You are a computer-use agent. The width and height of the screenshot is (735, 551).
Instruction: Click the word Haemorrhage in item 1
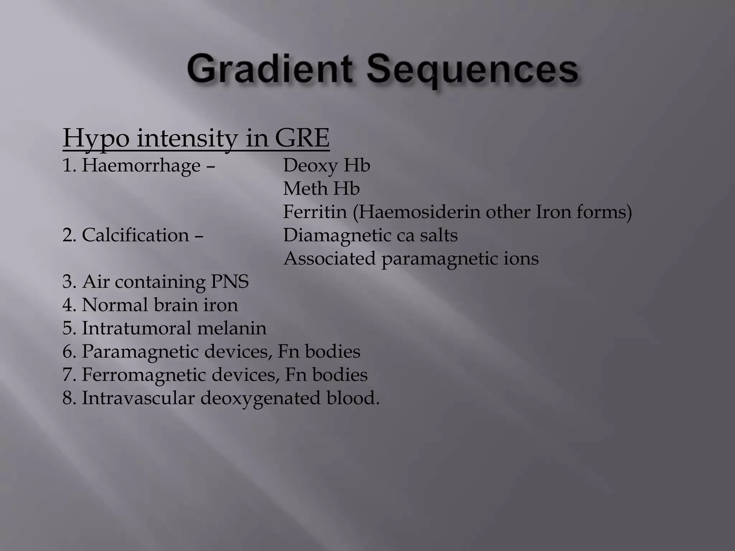pos(141,166)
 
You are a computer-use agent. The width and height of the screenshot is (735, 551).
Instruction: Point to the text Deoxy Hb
pos(326,166)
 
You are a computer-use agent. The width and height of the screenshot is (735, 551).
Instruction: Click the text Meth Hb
pos(321,189)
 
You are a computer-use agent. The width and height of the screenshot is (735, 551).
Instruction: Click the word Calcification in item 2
pos(135,236)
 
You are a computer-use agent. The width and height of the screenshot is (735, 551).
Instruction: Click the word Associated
pos(329,259)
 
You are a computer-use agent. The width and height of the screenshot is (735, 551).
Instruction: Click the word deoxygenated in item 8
pos(260,399)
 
